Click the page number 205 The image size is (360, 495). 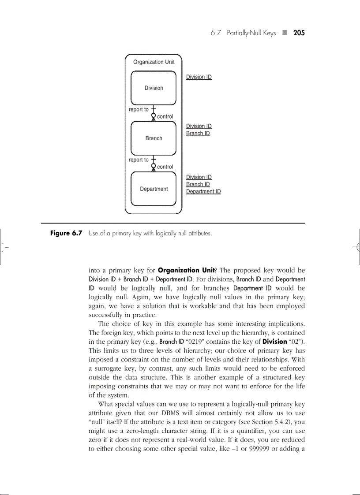299,33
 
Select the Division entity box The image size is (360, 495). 154,88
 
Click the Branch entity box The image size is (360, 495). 154,138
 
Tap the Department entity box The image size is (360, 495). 154,189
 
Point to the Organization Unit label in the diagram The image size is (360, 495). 154,62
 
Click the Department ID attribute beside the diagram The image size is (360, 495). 203,192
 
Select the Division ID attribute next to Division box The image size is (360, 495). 199,77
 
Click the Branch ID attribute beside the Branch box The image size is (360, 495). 198,134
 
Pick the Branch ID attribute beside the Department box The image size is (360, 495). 198,185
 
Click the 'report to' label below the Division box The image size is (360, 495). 139,110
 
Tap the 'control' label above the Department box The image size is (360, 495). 165,167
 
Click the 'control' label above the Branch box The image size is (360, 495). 165,117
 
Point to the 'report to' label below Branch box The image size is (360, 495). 139,160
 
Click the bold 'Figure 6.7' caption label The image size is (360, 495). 66,233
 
